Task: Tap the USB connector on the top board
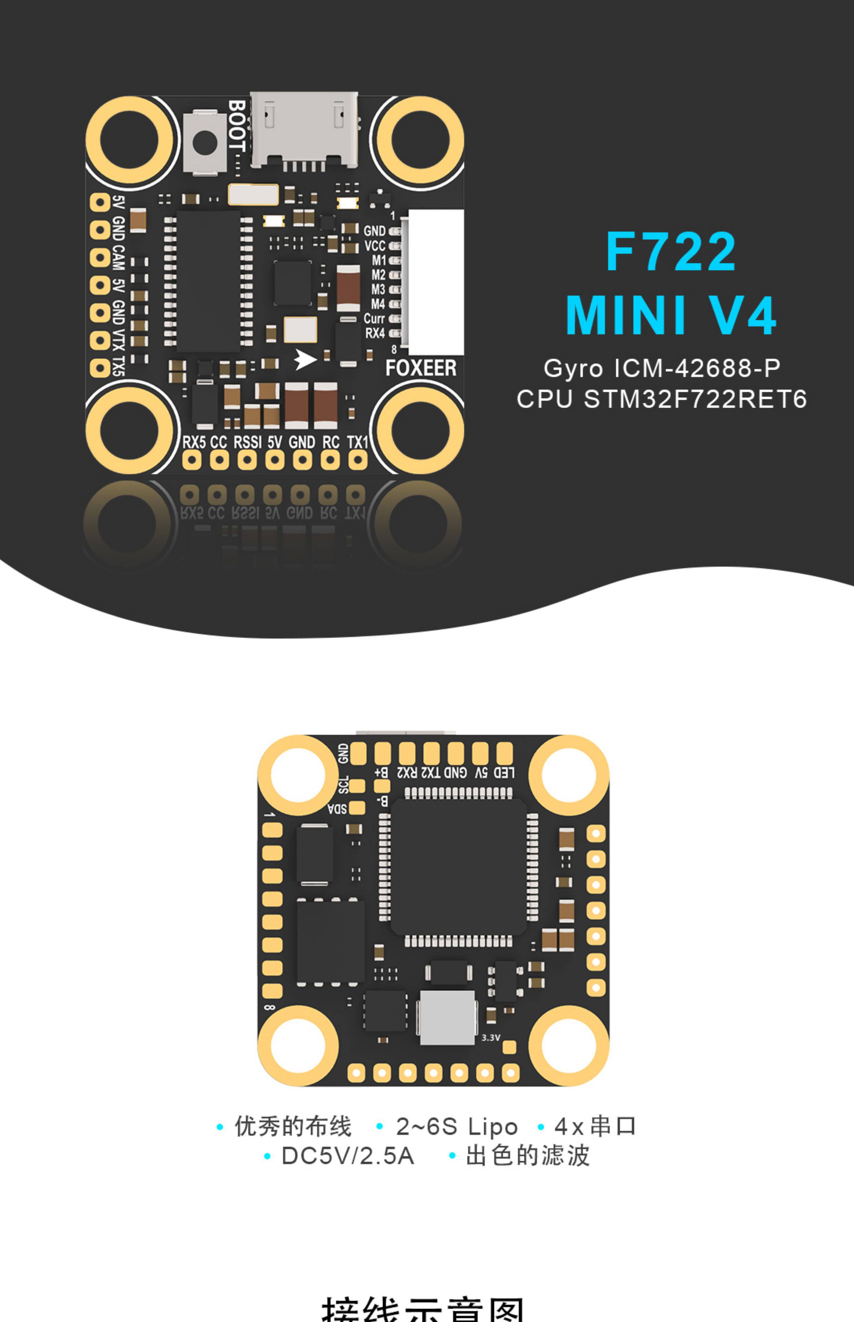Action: click(303, 130)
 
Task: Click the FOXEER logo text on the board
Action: click(421, 368)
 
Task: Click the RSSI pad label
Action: click(247, 442)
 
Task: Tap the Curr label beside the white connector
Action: click(374, 319)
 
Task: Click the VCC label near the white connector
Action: click(375, 245)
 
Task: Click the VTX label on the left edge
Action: click(118, 339)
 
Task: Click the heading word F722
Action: click(671, 252)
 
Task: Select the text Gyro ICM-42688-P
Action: click(662, 368)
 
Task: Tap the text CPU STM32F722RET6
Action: click(662, 399)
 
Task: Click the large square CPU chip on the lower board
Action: click(459, 867)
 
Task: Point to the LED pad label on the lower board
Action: click(504, 772)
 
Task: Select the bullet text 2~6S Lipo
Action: click(456, 1127)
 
